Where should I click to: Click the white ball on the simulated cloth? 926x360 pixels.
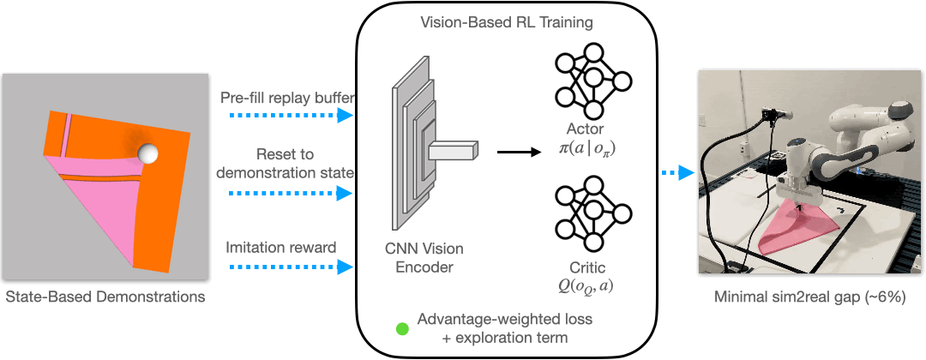(149, 154)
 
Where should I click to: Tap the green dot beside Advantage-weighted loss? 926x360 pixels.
(401, 328)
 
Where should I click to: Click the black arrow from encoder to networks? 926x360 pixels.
(515, 153)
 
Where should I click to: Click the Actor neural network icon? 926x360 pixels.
(593, 79)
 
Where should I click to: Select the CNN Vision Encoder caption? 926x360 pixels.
(424, 258)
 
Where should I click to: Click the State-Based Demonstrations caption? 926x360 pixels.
(105, 298)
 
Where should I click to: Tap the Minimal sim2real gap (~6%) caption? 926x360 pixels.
(810, 297)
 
